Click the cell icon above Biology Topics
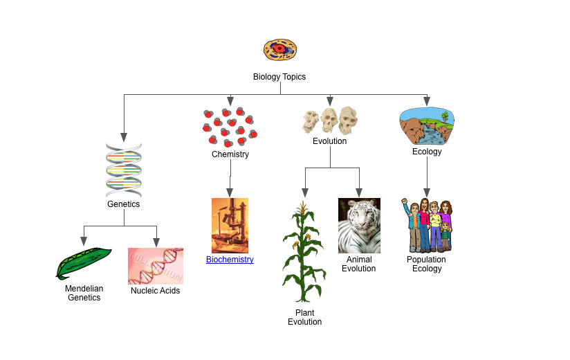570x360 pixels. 279,50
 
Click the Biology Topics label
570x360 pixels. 279,77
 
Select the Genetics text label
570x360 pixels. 124,204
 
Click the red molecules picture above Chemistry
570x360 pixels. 230,127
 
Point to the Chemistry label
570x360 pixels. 230,154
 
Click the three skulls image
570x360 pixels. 330,120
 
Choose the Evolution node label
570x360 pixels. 330,141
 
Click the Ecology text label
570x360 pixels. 427,152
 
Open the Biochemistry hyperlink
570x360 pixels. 230,260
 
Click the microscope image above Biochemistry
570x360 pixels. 230,226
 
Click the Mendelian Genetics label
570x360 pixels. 84,293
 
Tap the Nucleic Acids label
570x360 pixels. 156,291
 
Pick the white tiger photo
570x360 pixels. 359,226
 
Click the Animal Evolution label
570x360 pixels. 359,264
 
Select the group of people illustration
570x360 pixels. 427,226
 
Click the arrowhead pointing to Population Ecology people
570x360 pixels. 427,192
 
